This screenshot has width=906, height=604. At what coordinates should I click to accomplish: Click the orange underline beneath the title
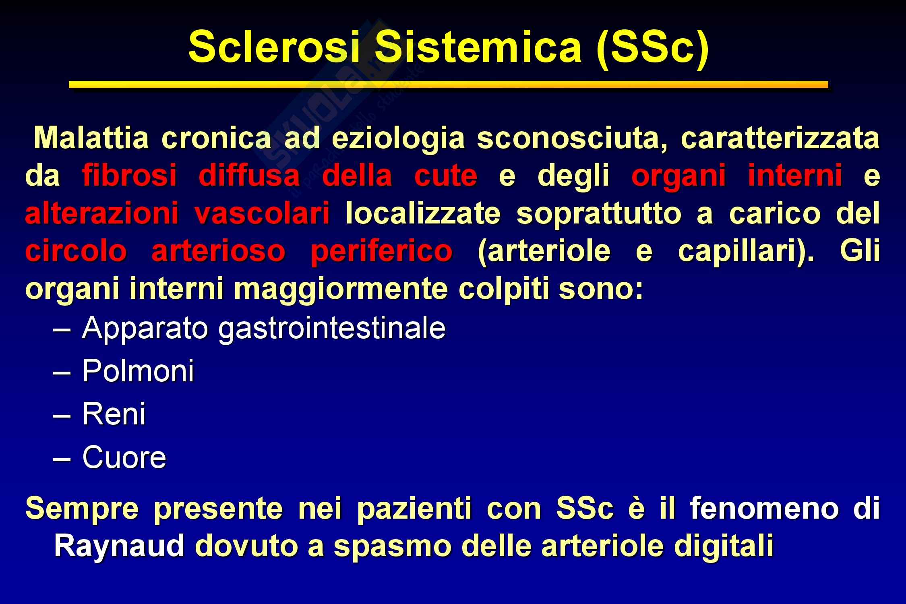click(x=448, y=85)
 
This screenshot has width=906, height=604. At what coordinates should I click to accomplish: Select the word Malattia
click(x=91, y=139)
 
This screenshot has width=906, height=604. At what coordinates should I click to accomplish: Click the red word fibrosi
click(x=129, y=176)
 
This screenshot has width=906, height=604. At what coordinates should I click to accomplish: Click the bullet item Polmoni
click(x=138, y=370)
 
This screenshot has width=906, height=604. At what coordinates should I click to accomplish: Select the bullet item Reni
click(x=114, y=414)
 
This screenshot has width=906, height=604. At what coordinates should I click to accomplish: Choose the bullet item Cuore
click(x=124, y=457)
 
